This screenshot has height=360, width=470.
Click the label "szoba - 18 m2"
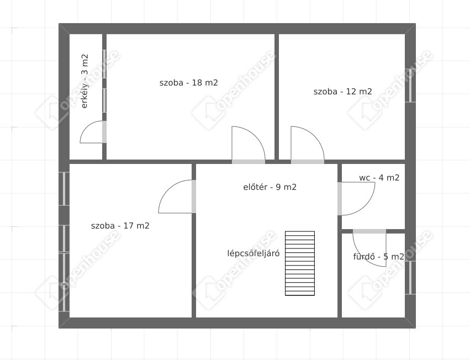pyautogui.click(x=188, y=82)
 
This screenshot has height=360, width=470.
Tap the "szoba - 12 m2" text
pyautogui.click(x=342, y=92)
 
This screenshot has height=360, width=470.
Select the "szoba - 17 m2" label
pyautogui.click(x=120, y=225)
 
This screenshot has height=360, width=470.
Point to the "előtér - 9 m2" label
pyautogui.click(x=270, y=187)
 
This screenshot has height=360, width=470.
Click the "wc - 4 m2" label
pyautogui.click(x=379, y=177)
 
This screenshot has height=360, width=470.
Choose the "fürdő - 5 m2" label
pyautogui.click(x=378, y=257)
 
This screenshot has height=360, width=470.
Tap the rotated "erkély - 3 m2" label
pyautogui.click(x=85, y=81)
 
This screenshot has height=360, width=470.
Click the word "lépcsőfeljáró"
pyautogui.click(x=254, y=253)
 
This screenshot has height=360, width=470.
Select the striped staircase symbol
pyautogui.click(x=300, y=263)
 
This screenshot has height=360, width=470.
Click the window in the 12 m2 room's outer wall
pyautogui.click(x=410, y=86)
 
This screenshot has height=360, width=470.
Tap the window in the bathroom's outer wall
pyautogui.click(x=410, y=278)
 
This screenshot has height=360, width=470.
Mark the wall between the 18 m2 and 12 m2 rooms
pyautogui.click(x=277, y=97)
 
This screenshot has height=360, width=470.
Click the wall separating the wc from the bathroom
pyautogui.click(x=373, y=231)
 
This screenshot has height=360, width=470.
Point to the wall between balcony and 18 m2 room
pyautogui.click(x=104, y=97)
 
